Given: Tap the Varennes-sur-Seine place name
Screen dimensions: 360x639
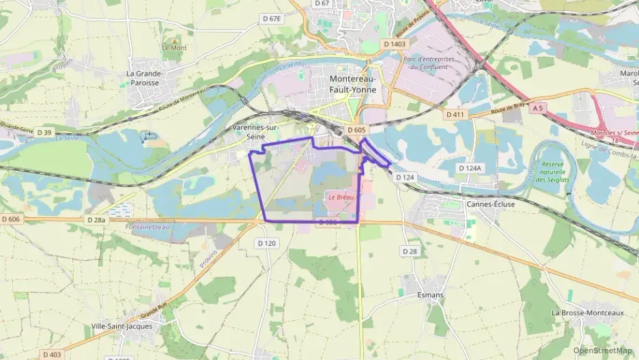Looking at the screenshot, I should coord(257,132).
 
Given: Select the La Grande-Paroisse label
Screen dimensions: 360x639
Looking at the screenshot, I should coord(144,78).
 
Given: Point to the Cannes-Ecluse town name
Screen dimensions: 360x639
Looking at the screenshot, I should coord(490,204).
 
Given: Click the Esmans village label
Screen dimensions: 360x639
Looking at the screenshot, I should coord(430,295).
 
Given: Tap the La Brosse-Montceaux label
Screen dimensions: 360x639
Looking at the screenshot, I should coord(588,312).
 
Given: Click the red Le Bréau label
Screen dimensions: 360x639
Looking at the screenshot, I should coord(340,197).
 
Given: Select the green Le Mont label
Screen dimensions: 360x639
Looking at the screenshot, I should coord(174,48).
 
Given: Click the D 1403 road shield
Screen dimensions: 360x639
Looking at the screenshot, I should coord(395,44).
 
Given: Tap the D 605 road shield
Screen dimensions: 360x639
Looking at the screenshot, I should coord(356,130).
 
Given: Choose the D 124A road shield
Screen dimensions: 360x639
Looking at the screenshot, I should coord(470,167).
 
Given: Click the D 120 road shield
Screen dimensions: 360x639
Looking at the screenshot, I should coord(267,243).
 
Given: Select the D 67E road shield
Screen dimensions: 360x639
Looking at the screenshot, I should coord(272,19).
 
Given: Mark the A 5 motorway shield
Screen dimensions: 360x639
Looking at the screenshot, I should coord(539,108).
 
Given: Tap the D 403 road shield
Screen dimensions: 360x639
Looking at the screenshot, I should coord(52,355).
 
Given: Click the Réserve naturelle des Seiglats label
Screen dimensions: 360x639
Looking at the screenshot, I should coord(558,171).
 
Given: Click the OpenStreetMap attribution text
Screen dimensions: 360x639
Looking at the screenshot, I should coord(603,350).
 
